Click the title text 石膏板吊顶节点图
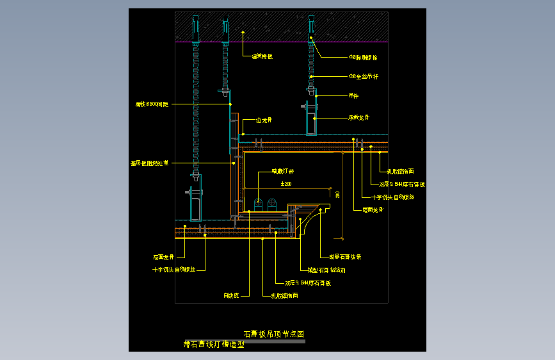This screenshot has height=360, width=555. click(273, 334)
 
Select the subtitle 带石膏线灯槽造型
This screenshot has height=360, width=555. click(214, 344)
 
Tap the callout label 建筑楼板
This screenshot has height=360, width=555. click(262, 56)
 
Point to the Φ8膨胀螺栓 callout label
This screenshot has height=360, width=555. click(363, 57)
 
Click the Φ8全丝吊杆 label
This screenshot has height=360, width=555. click(364, 76)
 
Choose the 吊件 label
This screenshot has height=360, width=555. click(353, 96)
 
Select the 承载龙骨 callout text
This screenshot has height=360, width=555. click(358, 118)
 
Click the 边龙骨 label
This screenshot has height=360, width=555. click(264, 120)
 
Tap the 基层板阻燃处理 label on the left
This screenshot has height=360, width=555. click(149, 163)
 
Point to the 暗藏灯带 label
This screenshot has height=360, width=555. click(282, 171)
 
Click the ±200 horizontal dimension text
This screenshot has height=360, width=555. click(286, 184)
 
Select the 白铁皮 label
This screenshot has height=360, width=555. click(231, 295)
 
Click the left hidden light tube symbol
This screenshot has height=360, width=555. click(259, 204)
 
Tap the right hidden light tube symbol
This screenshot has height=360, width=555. click(272, 204)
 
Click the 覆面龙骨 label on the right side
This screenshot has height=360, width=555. click(373, 209)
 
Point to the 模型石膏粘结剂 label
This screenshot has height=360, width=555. click(326, 270)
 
